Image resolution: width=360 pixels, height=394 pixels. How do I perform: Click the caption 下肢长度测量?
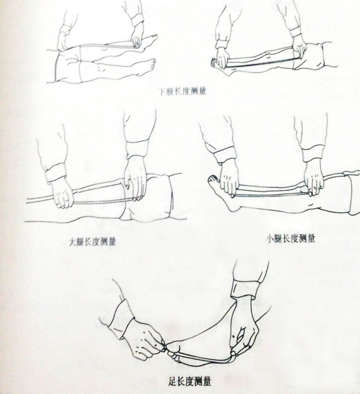pos(183,91)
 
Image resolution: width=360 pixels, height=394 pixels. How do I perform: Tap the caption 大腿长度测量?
pos(92,242)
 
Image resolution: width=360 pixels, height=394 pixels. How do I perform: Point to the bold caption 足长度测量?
pos(189,382)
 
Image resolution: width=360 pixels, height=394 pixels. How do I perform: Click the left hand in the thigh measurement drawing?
pos(62,193)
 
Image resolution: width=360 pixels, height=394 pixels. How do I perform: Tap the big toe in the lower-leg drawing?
pos(213,178)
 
